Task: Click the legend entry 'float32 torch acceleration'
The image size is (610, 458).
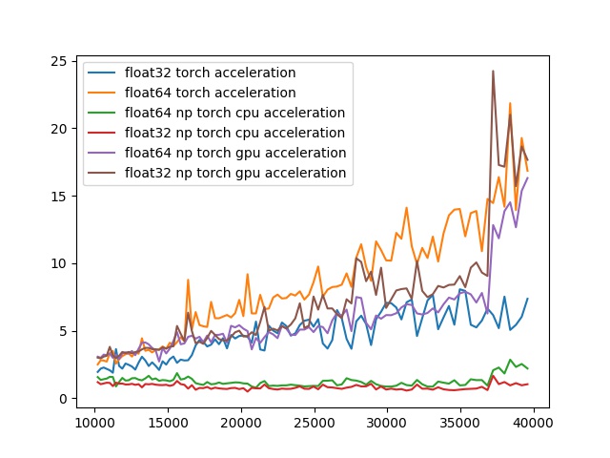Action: (210, 73)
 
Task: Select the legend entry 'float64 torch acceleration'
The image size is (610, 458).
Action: (210, 93)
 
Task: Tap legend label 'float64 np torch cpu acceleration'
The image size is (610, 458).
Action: (234, 113)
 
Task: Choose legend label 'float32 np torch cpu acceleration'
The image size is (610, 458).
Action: (234, 133)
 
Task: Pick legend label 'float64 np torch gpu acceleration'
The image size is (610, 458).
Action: (234, 153)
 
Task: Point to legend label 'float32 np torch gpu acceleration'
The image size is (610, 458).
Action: (234, 173)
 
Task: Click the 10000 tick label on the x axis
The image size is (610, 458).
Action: (94, 422)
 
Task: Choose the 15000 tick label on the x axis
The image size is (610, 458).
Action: (168, 422)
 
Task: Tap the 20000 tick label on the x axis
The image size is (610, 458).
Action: (241, 422)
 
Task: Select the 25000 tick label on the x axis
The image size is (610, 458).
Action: (315, 422)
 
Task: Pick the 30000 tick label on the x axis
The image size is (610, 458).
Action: (388, 422)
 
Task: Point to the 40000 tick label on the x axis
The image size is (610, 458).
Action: (535, 422)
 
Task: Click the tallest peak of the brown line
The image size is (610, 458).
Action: (493, 71)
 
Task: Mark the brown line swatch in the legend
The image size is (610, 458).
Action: (103, 173)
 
